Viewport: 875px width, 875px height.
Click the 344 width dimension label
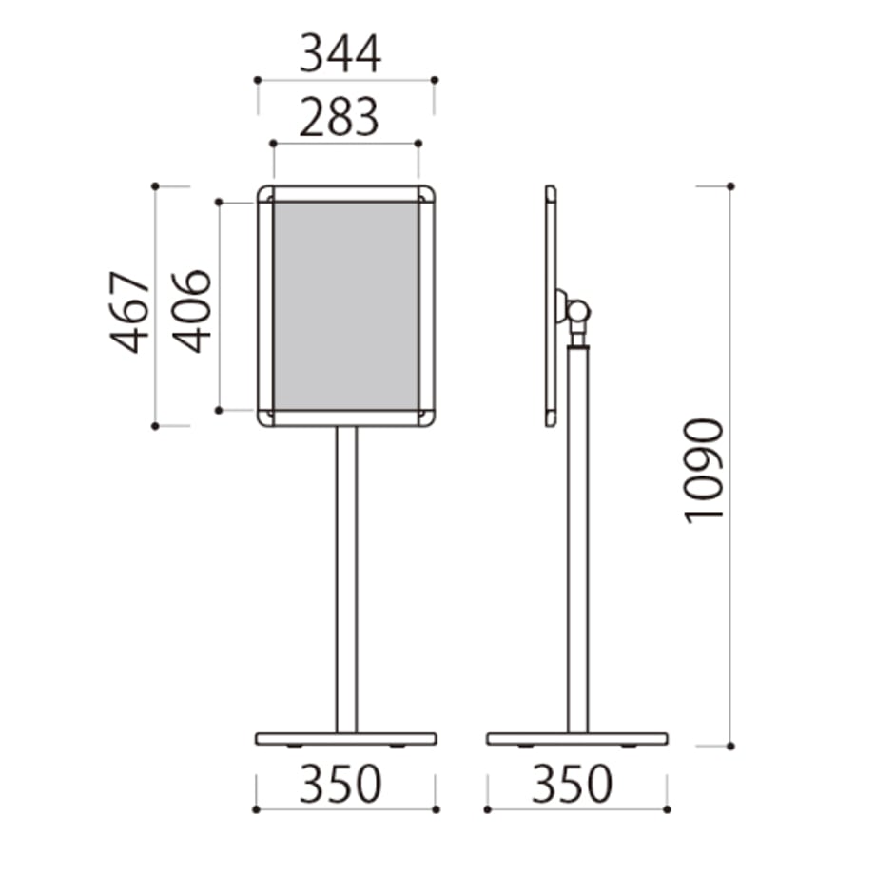(x=340, y=53)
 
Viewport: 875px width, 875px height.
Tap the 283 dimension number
(x=340, y=117)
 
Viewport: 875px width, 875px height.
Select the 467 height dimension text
(x=130, y=312)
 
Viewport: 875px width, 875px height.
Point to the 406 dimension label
(x=191, y=311)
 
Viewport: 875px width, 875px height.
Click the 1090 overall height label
(x=704, y=471)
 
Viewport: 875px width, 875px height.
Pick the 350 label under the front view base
(x=340, y=784)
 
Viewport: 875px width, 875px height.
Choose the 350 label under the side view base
(x=572, y=784)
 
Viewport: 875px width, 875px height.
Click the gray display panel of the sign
(x=346, y=306)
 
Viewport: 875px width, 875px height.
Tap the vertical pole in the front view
(x=346, y=580)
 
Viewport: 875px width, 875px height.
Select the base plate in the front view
(x=346, y=739)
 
